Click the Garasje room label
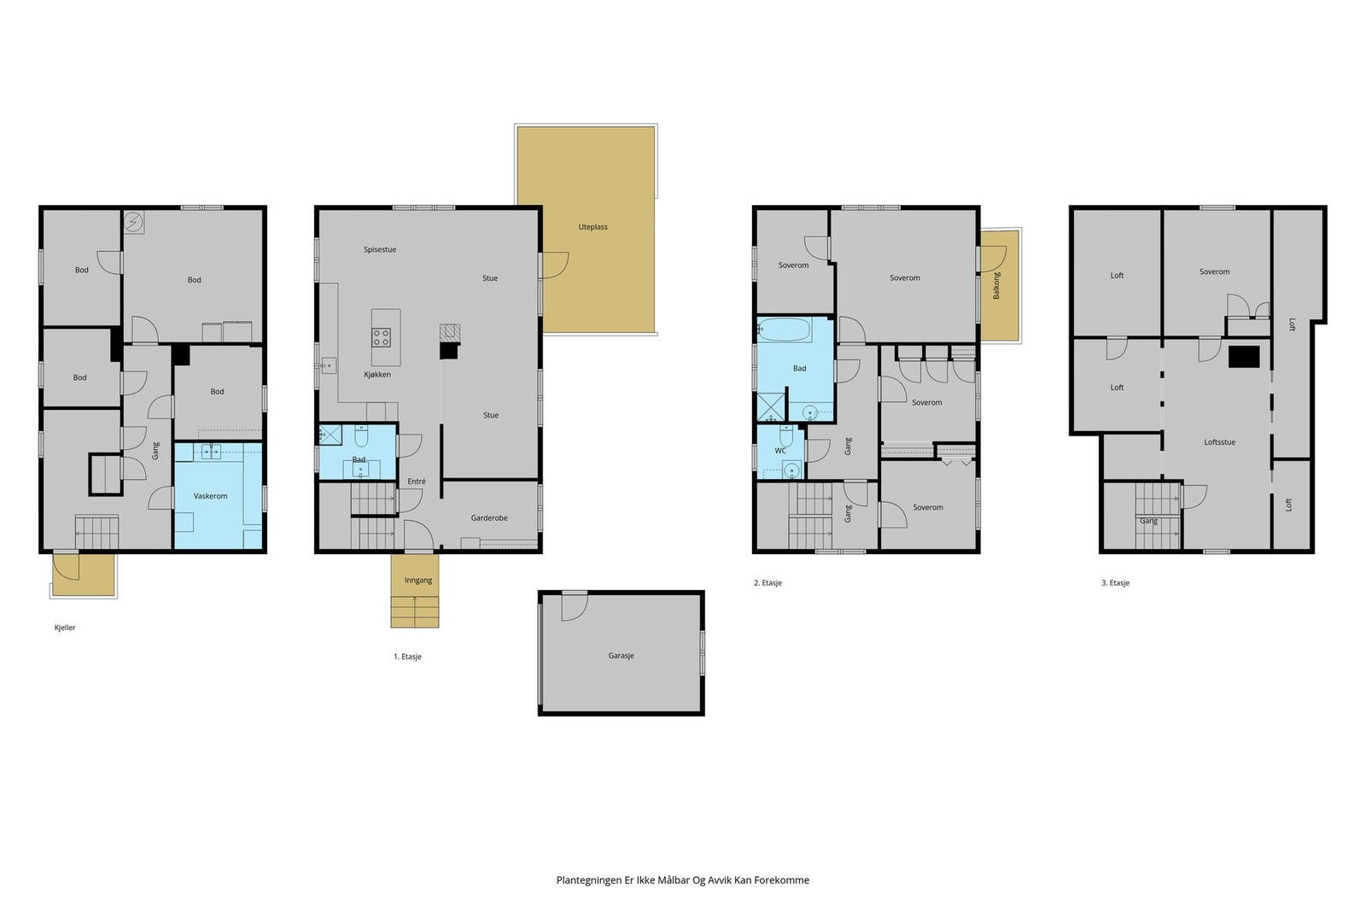621,656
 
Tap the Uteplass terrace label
593,227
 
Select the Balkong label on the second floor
996,285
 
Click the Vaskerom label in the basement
210,496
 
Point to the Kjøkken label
377,375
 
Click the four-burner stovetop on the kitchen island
381,337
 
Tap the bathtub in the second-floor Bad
785,330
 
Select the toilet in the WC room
786,435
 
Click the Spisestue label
380,249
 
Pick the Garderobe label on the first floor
489,517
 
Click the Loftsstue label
1220,442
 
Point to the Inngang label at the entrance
418,580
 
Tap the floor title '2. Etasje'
768,583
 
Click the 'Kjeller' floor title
65,628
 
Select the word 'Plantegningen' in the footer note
589,880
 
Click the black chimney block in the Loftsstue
1244,357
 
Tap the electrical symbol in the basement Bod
133,222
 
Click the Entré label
417,481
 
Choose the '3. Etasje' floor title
1115,583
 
